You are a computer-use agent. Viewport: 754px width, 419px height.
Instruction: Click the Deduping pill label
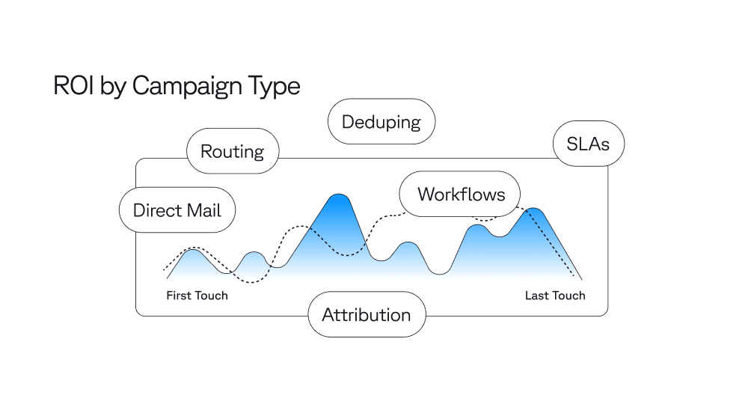click(381, 121)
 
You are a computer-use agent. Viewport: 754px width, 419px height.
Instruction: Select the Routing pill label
click(232, 152)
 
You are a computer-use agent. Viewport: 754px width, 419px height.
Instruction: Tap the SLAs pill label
click(588, 144)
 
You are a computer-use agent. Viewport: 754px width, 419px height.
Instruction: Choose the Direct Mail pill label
click(177, 210)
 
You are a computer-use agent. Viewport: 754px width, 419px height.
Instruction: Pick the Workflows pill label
click(461, 195)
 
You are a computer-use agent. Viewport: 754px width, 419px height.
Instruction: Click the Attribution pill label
click(367, 314)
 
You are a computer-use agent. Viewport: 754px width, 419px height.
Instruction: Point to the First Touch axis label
click(197, 296)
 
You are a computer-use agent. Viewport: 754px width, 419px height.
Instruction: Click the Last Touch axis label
click(555, 296)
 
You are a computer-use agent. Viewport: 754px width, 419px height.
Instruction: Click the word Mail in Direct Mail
click(204, 210)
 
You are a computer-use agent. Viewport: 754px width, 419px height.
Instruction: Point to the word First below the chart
click(179, 296)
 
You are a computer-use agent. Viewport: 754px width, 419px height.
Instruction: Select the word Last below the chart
click(536, 296)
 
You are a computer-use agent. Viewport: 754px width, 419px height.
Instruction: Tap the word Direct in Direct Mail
click(157, 210)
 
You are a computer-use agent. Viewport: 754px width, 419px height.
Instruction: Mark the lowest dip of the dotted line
click(253, 282)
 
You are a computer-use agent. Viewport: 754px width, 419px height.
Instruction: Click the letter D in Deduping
click(348, 121)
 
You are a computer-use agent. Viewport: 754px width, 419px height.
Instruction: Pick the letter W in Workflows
click(426, 195)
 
